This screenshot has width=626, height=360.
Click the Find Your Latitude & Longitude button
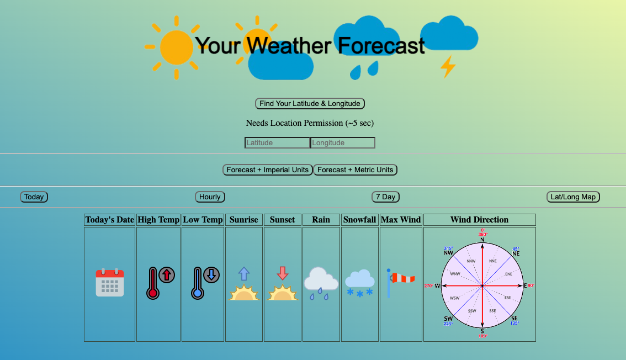coord(310,104)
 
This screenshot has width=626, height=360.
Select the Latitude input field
coord(277,143)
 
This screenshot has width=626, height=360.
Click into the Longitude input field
coord(343,143)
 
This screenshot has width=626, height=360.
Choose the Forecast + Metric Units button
coord(355,170)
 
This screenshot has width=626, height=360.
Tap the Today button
coord(34,197)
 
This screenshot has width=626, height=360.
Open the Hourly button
coord(210,197)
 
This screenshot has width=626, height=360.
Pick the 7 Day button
coord(385,197)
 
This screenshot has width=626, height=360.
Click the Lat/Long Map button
coord(573,197)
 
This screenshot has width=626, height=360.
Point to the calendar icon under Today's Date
coord(110,283)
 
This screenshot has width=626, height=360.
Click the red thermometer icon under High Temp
coord(153,283)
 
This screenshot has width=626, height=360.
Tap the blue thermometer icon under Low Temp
coord(199,283)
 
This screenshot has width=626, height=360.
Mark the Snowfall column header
coord(360,220)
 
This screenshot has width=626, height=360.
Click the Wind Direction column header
coord(479,220)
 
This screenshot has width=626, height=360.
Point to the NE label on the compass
coord(516,253)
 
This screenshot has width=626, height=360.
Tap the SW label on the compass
coord(448,319)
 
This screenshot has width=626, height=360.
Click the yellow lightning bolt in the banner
coord(448,67)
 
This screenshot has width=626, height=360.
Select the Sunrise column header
coord(244,220)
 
